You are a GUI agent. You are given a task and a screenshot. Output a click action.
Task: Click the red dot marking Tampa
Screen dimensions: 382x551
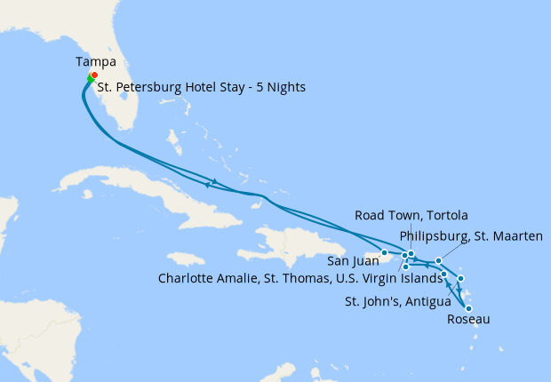94,76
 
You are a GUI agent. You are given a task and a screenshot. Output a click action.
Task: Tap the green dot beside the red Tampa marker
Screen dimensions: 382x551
90,80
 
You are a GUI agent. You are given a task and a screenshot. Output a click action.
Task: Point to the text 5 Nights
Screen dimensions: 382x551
282,87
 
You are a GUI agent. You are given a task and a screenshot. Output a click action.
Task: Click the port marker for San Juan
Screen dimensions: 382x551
384,252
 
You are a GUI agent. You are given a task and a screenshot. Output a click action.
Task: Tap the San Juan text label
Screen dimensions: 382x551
351,262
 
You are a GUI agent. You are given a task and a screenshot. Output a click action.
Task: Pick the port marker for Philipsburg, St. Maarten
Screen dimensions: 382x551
438,260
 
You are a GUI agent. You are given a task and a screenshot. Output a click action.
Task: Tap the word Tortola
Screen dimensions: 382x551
444,215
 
